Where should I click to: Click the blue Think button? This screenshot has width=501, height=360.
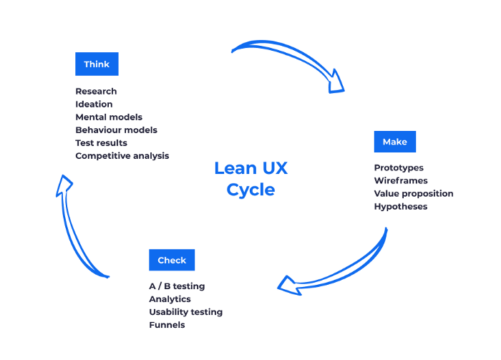[97, 64]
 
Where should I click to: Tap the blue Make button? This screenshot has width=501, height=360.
[394, 142]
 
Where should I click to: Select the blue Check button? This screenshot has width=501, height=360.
[172, 261]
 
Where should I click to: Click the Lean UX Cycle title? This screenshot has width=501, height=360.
[250, 179]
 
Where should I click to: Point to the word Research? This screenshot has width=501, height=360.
[96, 92]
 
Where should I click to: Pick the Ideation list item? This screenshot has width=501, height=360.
[94, 104]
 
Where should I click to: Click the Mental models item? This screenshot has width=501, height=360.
[109, 117]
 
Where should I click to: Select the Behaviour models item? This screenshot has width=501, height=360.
[116, 130]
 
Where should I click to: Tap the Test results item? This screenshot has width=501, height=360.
[101, 143]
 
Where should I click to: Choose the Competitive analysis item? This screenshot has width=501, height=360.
[122, 156]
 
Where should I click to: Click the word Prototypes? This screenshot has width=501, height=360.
[399, 168]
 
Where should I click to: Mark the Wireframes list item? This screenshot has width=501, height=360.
[401, 181]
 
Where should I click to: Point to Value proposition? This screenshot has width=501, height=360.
[414, 194]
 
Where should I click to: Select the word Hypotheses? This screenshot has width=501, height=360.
[401, 207]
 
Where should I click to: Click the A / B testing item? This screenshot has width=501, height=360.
[177, 286]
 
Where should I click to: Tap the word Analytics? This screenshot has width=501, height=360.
[170, 299]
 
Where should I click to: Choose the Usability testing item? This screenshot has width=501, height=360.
[185, 312]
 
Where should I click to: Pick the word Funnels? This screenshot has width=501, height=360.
[167, 325]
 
